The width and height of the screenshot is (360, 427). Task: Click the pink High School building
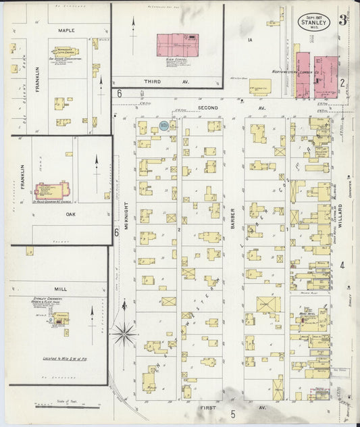pos(178,45)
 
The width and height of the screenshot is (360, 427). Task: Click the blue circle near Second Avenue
pos(164,126)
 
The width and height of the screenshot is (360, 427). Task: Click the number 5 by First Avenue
pos(232,413)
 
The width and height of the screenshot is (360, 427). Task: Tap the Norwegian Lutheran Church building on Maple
pos(66,51)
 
